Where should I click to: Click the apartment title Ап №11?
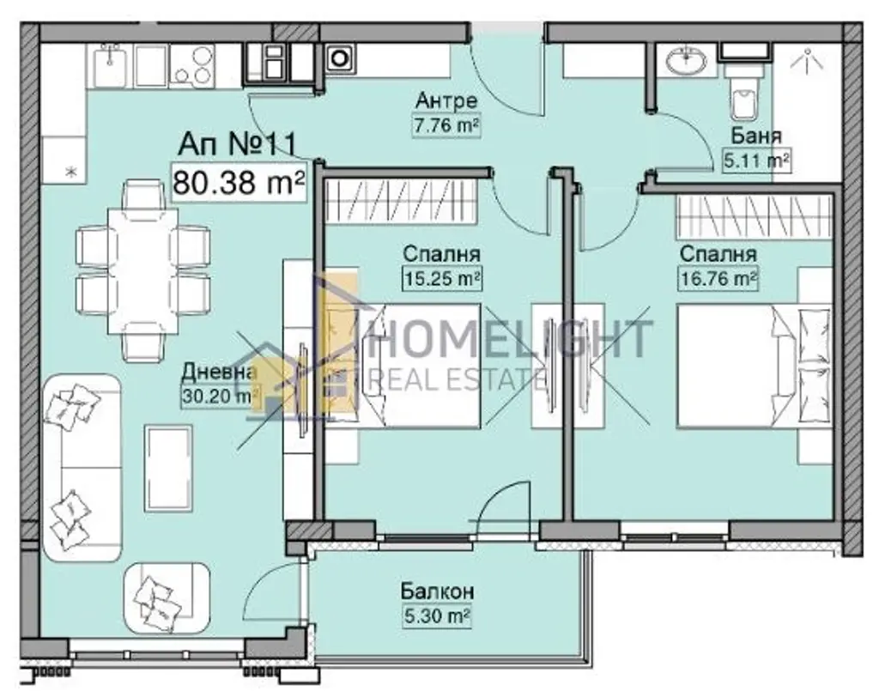pos(237,144)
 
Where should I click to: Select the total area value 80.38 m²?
pos(239,182)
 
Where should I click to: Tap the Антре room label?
pos(446,101)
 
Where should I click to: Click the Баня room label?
pos(756,136)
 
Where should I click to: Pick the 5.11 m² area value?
pos(757,161)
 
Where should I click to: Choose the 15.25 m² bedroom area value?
pos(443,278)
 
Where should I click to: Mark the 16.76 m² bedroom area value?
pos(719,278)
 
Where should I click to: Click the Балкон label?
pos(438,591)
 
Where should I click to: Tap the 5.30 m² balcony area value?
pos(437,616)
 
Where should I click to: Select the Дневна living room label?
pos(220,372)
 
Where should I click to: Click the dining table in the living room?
pos(143,271)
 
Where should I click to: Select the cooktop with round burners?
pos(191,66)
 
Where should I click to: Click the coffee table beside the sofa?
pos(169,468)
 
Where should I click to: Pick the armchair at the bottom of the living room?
pos(167,597)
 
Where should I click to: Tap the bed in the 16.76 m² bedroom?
pos(755,367)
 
